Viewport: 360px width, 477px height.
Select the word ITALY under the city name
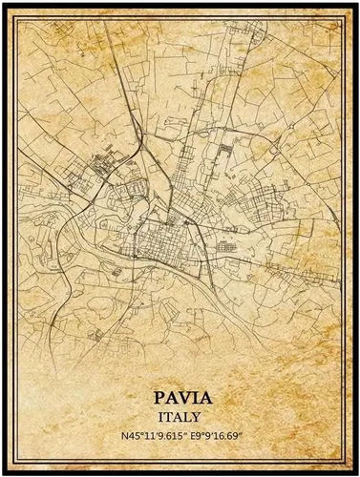[x=180, y=416]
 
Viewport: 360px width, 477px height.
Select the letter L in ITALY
[x=189, y=416]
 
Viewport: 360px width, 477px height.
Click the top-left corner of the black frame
[x=4, y=4]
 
